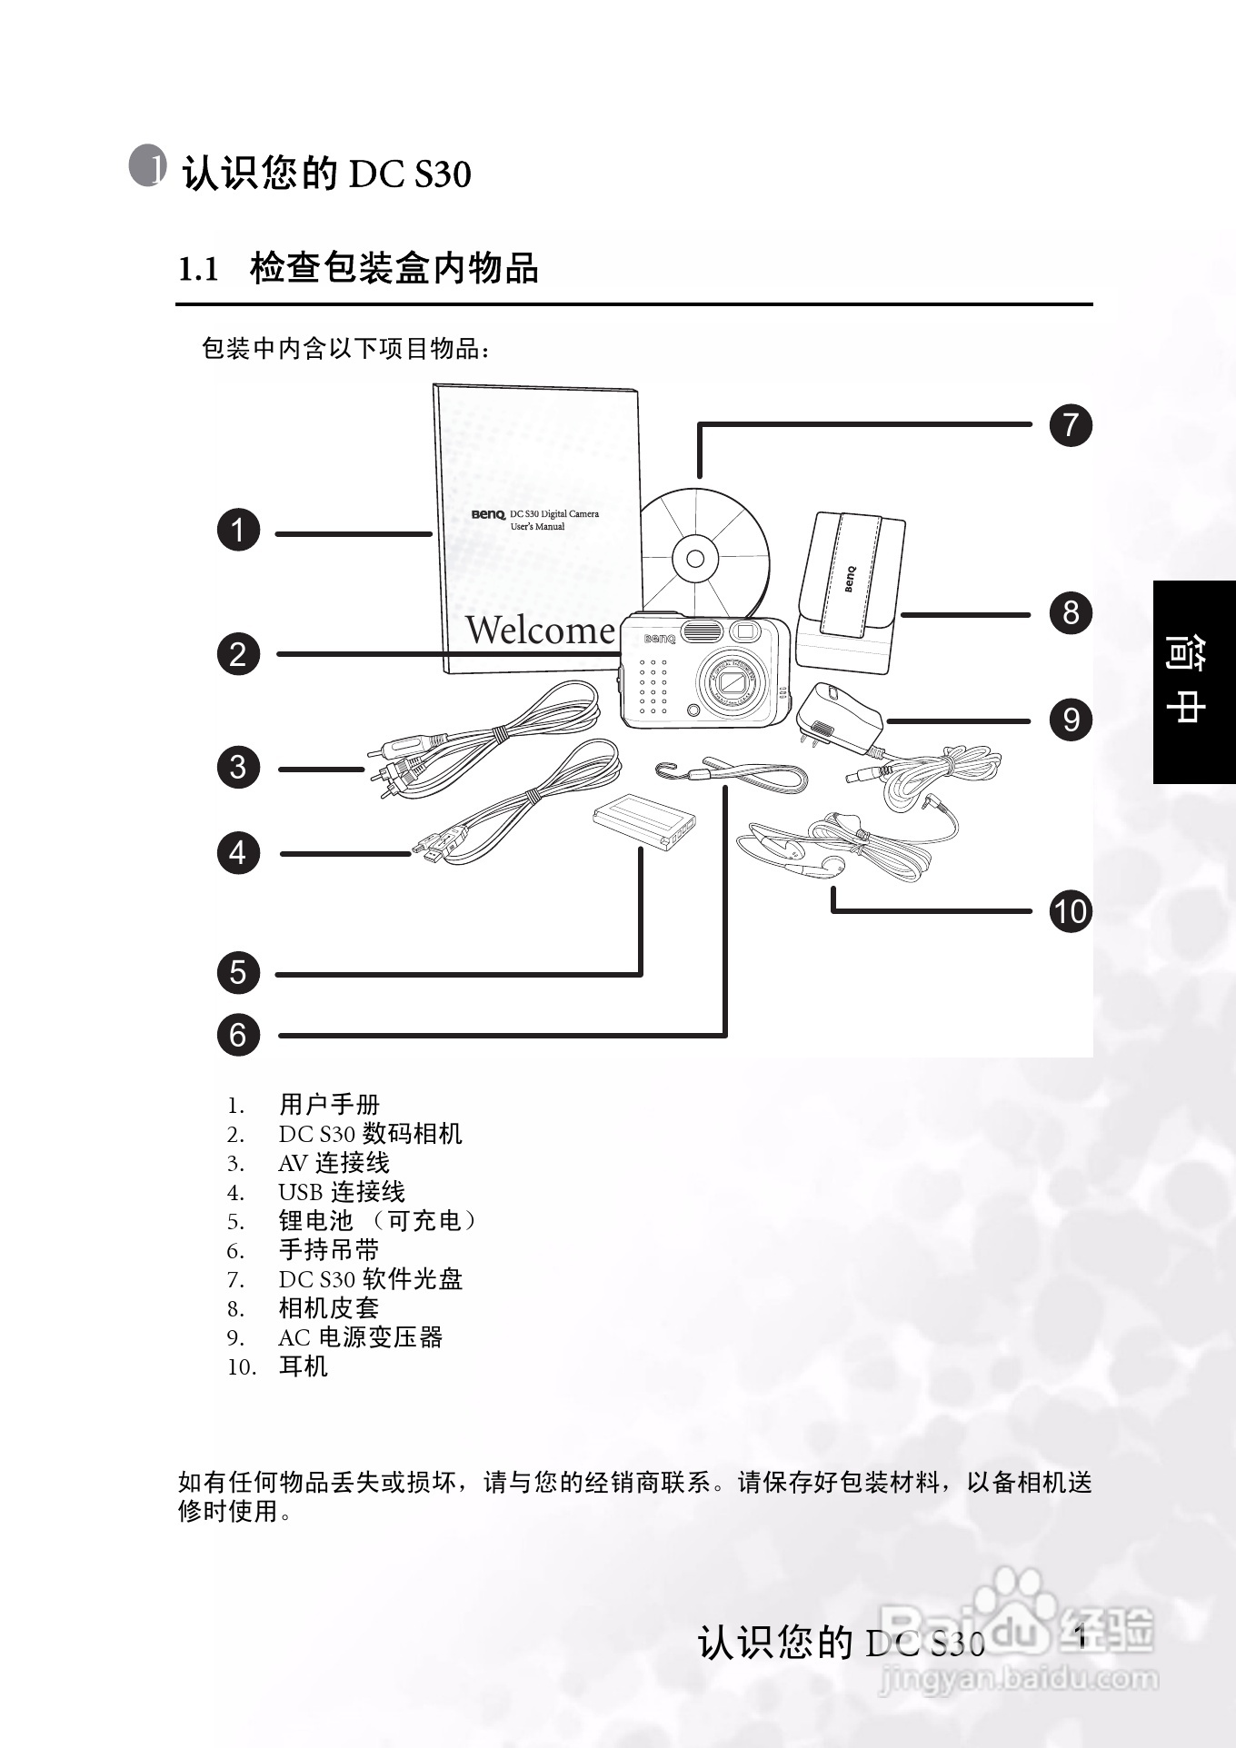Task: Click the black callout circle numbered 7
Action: [x=1071, y=425]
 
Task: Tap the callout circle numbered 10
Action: [x=1071, y=911]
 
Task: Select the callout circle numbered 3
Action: [x=238, y=767]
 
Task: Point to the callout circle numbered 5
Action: [x=238, y=973]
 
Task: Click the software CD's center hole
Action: [x=695, y=559]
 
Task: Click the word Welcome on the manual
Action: [x=540, y=630]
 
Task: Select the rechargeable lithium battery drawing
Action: [x=643, y=819]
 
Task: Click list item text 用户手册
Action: [x=329, y=1105]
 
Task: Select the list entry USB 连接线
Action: [x=342, y=1192]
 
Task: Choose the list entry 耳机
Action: [x=304, y=1366]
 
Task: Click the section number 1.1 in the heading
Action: [x=199, y=270]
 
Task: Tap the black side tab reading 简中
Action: [x=1193, y=681]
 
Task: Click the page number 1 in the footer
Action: [x=1081, y=1637]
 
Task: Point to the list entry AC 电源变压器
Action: [x=360, y=1337]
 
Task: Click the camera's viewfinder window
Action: [x=746, y=631]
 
